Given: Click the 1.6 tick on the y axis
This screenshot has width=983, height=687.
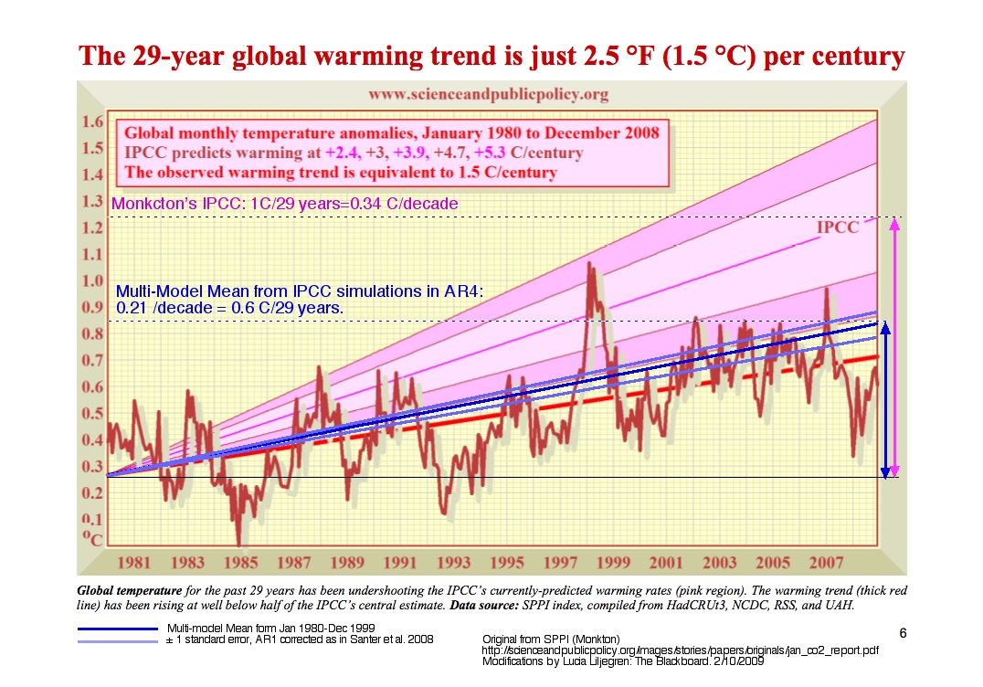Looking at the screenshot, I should tap(91, 122).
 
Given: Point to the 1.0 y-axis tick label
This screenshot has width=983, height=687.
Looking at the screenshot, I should tap(91, 281).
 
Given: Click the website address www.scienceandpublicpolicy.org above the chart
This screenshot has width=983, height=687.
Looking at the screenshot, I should tap(488, 94).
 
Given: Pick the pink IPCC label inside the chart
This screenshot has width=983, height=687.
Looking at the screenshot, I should tap(837, 227).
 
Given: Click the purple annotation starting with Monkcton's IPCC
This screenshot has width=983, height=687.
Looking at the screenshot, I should tap(284, 204).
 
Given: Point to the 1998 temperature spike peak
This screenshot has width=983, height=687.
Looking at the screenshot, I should tap(589, 265).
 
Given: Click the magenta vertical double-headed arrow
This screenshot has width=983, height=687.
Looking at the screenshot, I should tap(895, 347).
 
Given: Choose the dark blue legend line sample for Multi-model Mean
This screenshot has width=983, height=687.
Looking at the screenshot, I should tap(118, 629).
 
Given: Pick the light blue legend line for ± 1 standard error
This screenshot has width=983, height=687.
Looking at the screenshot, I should tap(118, 639).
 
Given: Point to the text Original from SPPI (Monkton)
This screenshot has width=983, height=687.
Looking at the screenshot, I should tap(550, 638).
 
